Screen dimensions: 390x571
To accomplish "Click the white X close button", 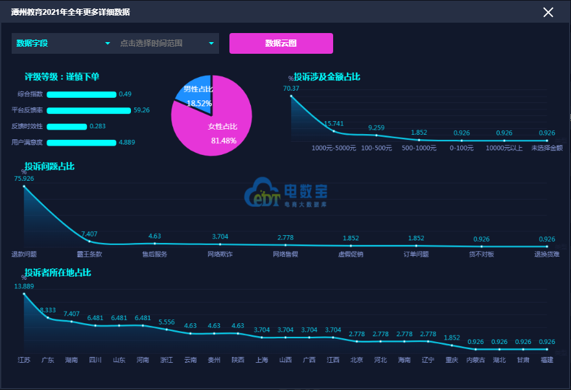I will pyautogui.click(x=548, y=12).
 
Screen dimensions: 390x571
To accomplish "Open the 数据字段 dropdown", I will pyautogui.click(x=63, y=43).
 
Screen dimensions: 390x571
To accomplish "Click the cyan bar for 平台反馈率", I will pyautogui.click(x=89, y=110).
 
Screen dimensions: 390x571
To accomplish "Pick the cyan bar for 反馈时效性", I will pyautogui.click(x=67, y=126).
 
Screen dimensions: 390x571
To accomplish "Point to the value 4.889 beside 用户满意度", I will pyautogui.click(x=126, y=143).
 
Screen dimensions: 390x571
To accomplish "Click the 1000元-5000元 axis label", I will pyautogui.click(x=334, y=148).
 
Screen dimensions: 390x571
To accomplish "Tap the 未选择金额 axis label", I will pyautogui.click(x=547, y=148).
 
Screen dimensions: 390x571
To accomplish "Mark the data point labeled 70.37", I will pyautogui.click(x=291, y=96).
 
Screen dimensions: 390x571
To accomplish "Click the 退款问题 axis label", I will pyautogui.click(x=24, y=254).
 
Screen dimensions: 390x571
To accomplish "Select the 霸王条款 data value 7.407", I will pyautogui.click(x=89, y=234).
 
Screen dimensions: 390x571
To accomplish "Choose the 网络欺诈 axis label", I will pyautogui.click(x=220, y=254).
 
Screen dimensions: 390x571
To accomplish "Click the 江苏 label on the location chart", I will pyautogui.click(x=24, y=360).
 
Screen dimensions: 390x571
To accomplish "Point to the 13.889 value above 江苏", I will pyautogui.click(x=24, y=286).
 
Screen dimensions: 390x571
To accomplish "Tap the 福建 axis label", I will pyautogui.click(x=547, y=360).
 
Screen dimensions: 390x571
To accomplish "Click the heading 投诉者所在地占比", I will pyautogui.click(x=57, y=273).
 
